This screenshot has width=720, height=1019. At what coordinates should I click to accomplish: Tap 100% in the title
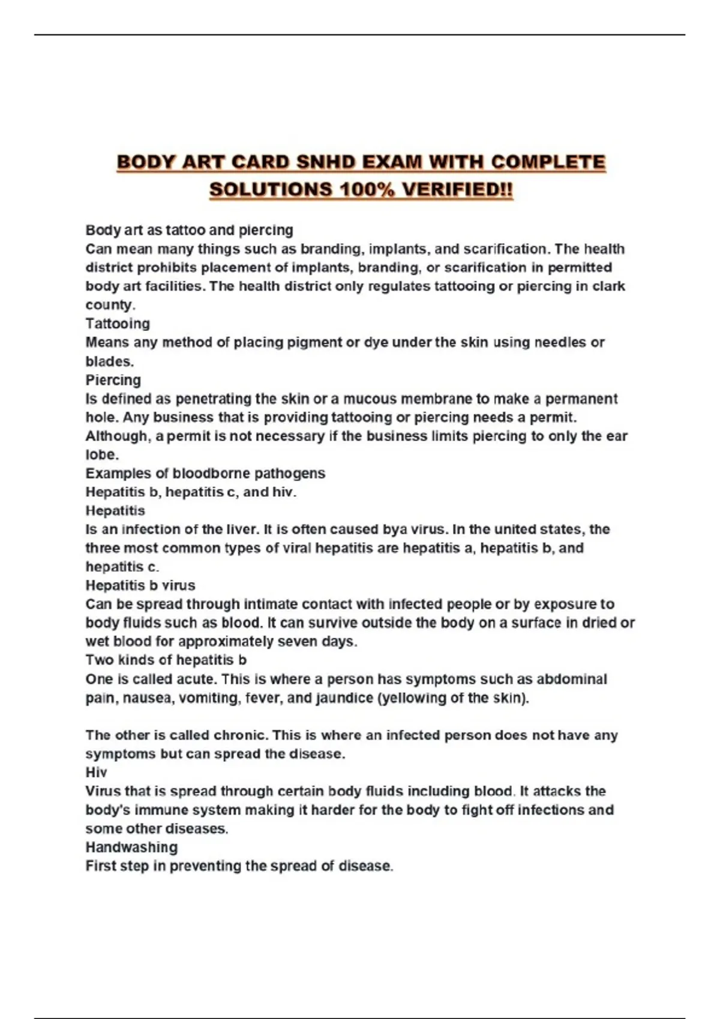point(367,189)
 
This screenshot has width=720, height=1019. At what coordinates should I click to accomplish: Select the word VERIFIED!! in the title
point(457,189)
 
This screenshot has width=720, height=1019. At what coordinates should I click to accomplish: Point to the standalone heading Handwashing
point(131,847)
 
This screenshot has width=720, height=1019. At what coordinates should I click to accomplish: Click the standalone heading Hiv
point(96,772)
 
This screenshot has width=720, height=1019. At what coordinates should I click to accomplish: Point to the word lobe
point(101,454)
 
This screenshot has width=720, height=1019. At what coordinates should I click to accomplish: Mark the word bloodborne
point(211,473)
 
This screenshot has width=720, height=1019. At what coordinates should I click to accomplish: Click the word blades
point(109,361)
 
